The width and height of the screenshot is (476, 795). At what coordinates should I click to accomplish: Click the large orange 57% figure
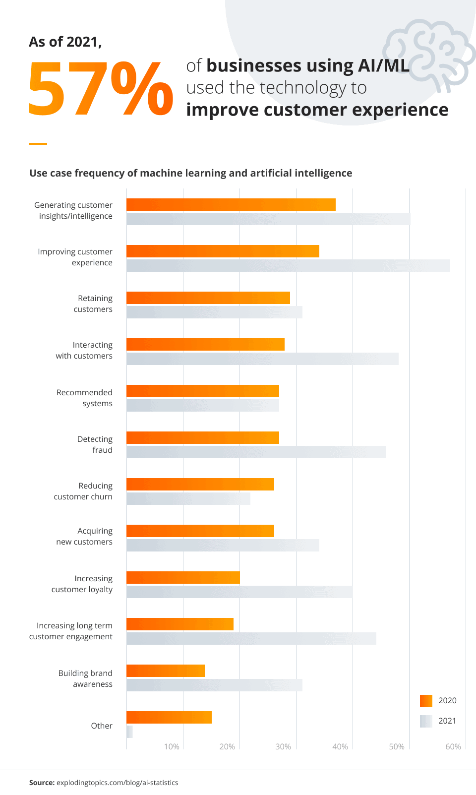pos(101,89)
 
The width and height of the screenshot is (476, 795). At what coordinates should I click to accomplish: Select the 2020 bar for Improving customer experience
pos(223,251)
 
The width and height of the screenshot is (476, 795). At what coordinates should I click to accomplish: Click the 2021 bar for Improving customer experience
pos(288,265)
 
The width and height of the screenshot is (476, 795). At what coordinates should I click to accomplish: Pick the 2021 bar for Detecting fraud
pos(256,452)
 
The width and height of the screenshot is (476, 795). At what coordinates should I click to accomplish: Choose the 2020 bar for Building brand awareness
pos(166,671)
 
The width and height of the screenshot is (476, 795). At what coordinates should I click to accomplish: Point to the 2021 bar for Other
pos(129,732)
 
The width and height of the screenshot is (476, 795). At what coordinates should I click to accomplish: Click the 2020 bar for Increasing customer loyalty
pos(183,578)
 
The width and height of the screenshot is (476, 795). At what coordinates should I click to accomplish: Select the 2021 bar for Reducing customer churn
pos(188,498)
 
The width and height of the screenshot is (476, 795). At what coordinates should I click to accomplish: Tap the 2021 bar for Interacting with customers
pos(262,359)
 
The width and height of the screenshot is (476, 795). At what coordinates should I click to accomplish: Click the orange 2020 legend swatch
pos(426,701)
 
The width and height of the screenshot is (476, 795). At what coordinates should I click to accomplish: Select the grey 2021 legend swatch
pos(426,721)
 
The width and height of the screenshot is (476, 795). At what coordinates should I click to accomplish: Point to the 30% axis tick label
pos(283,747)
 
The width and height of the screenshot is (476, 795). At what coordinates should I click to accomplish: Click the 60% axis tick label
pos(453,747)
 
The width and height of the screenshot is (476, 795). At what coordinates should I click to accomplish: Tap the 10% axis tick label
pos(172,747)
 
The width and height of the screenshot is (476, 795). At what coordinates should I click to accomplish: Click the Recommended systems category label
pos(85,398)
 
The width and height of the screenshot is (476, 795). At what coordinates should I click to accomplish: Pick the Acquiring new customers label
pos(85,536)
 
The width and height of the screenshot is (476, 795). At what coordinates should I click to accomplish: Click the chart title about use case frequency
pos(191,173)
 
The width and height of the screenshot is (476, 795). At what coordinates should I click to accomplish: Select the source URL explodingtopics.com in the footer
pos(117,783)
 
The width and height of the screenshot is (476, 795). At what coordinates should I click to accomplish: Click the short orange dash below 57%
pos(38,144)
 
